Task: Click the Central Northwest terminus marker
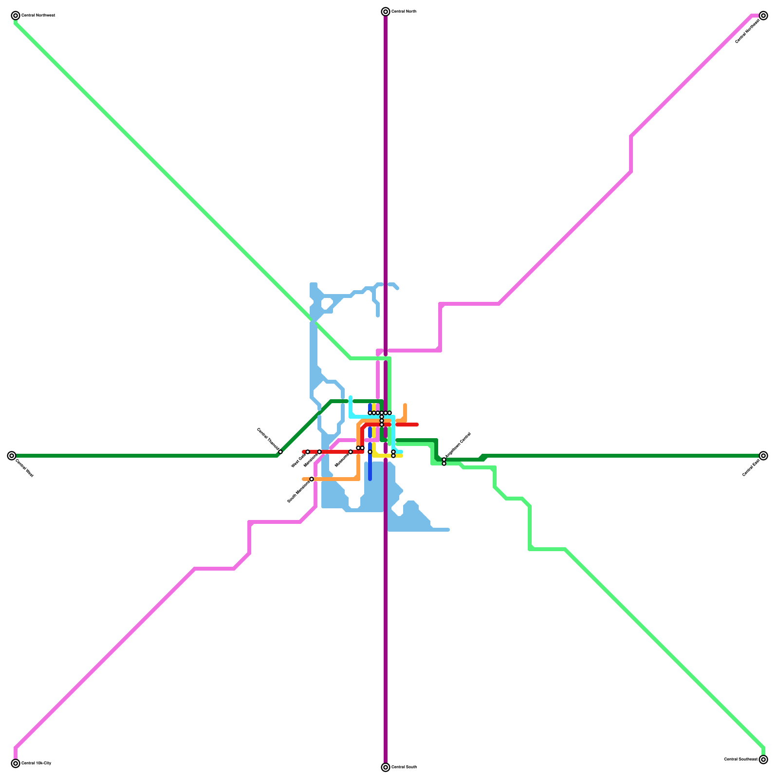[x=16, y=16]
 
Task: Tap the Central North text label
[x=404, y=11]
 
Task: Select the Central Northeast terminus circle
[x=763, y=16]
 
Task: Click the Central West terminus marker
[x=12, y=456]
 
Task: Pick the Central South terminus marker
[x=386, y=767]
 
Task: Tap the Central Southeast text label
[x=741, y=759]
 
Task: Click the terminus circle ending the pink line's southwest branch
[x=16, y=763]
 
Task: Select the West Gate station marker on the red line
[x=308, y=452]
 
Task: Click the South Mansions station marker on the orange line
[x=312, y=479]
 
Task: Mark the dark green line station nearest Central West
[x=280, y=452]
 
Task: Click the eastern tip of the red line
[x=417, y=425]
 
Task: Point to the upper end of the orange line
[x=405, y=405]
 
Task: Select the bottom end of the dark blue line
[x=370, y=479]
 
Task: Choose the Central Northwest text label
[x=38, y=16]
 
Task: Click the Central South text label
[x=404, y=767]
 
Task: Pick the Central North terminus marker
[x=386, y=12]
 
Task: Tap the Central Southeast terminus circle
[x=763, y=760]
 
